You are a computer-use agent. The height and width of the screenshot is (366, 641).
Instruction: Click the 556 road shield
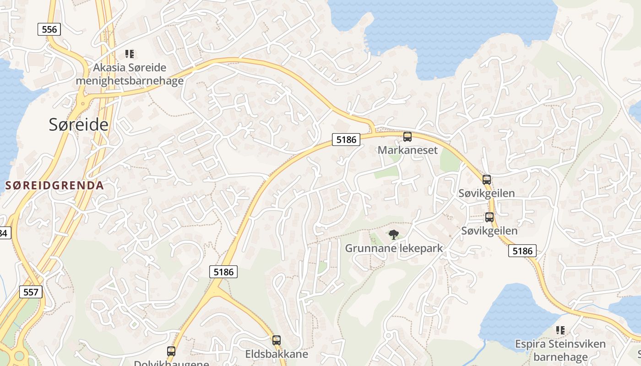[x=49, y=29]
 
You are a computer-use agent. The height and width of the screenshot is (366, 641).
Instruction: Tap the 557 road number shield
[x=31, y=292]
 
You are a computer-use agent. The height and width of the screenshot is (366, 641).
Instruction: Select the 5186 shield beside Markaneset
[x=346, y=140]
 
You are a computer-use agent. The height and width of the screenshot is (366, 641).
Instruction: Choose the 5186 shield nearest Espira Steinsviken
[x=522, y=251]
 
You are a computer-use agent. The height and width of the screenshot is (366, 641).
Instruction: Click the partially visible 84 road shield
[x=4, y=233]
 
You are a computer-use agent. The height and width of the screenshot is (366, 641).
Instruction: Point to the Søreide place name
[x=79, y=124]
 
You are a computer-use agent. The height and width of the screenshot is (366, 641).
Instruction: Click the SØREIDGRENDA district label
[x=54, y=186]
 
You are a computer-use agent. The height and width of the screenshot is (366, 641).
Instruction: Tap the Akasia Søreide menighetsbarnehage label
[x=130, y=74]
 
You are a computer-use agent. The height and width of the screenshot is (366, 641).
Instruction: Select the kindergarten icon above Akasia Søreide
[x=130, y=54]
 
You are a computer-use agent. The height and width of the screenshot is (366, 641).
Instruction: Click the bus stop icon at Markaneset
[x=407, y=136]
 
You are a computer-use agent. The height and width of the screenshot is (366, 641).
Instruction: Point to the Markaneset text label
[x=407, y=150]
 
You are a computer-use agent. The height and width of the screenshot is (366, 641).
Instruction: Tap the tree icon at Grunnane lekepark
[x=393, y=235]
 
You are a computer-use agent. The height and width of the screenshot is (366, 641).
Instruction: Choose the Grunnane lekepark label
[x=394, y=248]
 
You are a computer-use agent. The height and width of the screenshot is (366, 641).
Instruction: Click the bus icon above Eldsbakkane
[x=276, y=340]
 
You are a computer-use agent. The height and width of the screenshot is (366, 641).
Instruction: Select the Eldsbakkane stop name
[x=277, y=354]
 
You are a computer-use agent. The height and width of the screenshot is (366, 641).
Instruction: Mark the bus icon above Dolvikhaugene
[x=171, y=351]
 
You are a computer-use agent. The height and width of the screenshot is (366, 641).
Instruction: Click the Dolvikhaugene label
[x=171, y=363]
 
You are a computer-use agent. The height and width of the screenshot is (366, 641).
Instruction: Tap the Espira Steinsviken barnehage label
[x=560, y=350]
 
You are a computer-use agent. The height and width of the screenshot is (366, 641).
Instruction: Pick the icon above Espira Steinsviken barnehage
[x=560, y=330]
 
